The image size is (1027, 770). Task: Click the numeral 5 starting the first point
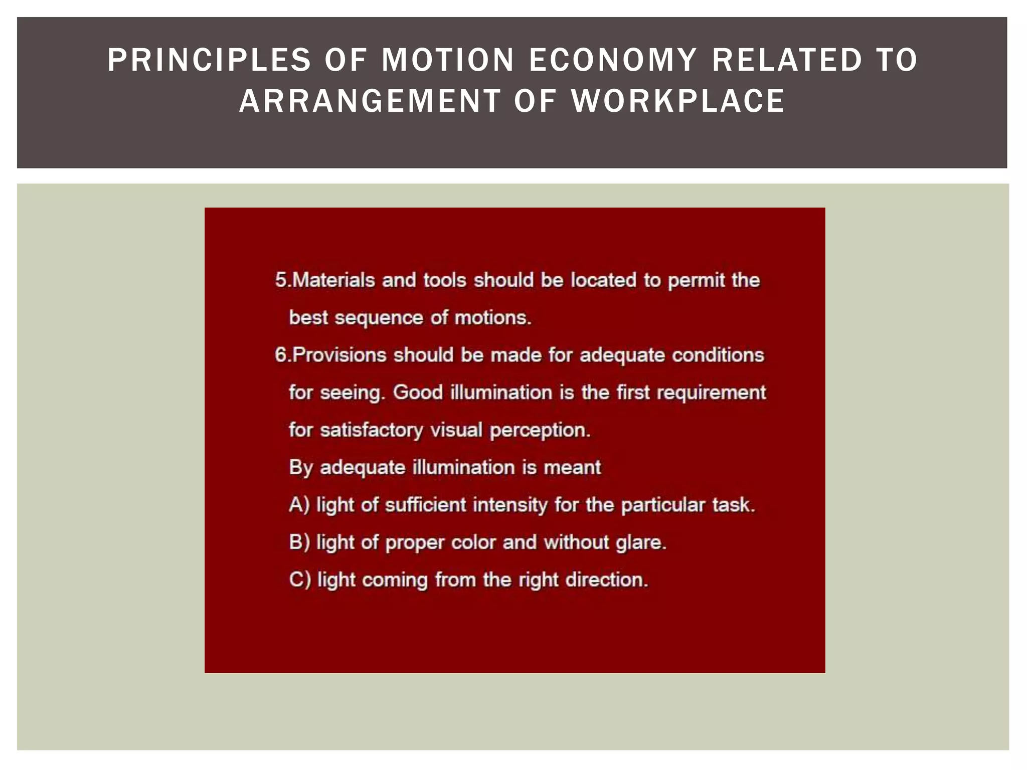tap(280, 280)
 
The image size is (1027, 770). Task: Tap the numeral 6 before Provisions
tap(280, 355)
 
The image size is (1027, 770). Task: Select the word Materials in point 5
tap(333, 280)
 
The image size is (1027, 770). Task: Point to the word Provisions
tap(339, 355)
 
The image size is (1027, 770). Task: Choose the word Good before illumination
tap(418, 393)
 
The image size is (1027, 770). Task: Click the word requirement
tap(711, 393)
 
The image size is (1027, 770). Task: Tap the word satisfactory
tap(371, 430)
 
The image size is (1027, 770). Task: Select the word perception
tap(540, 430)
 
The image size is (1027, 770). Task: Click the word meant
tap(572, 468)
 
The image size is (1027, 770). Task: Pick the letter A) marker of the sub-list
tap(299, 505)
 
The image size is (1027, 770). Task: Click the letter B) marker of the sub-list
tap(299, 542)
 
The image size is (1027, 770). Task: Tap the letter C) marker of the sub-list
tap(300, 580)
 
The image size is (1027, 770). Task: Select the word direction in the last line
tap(606, 580)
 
